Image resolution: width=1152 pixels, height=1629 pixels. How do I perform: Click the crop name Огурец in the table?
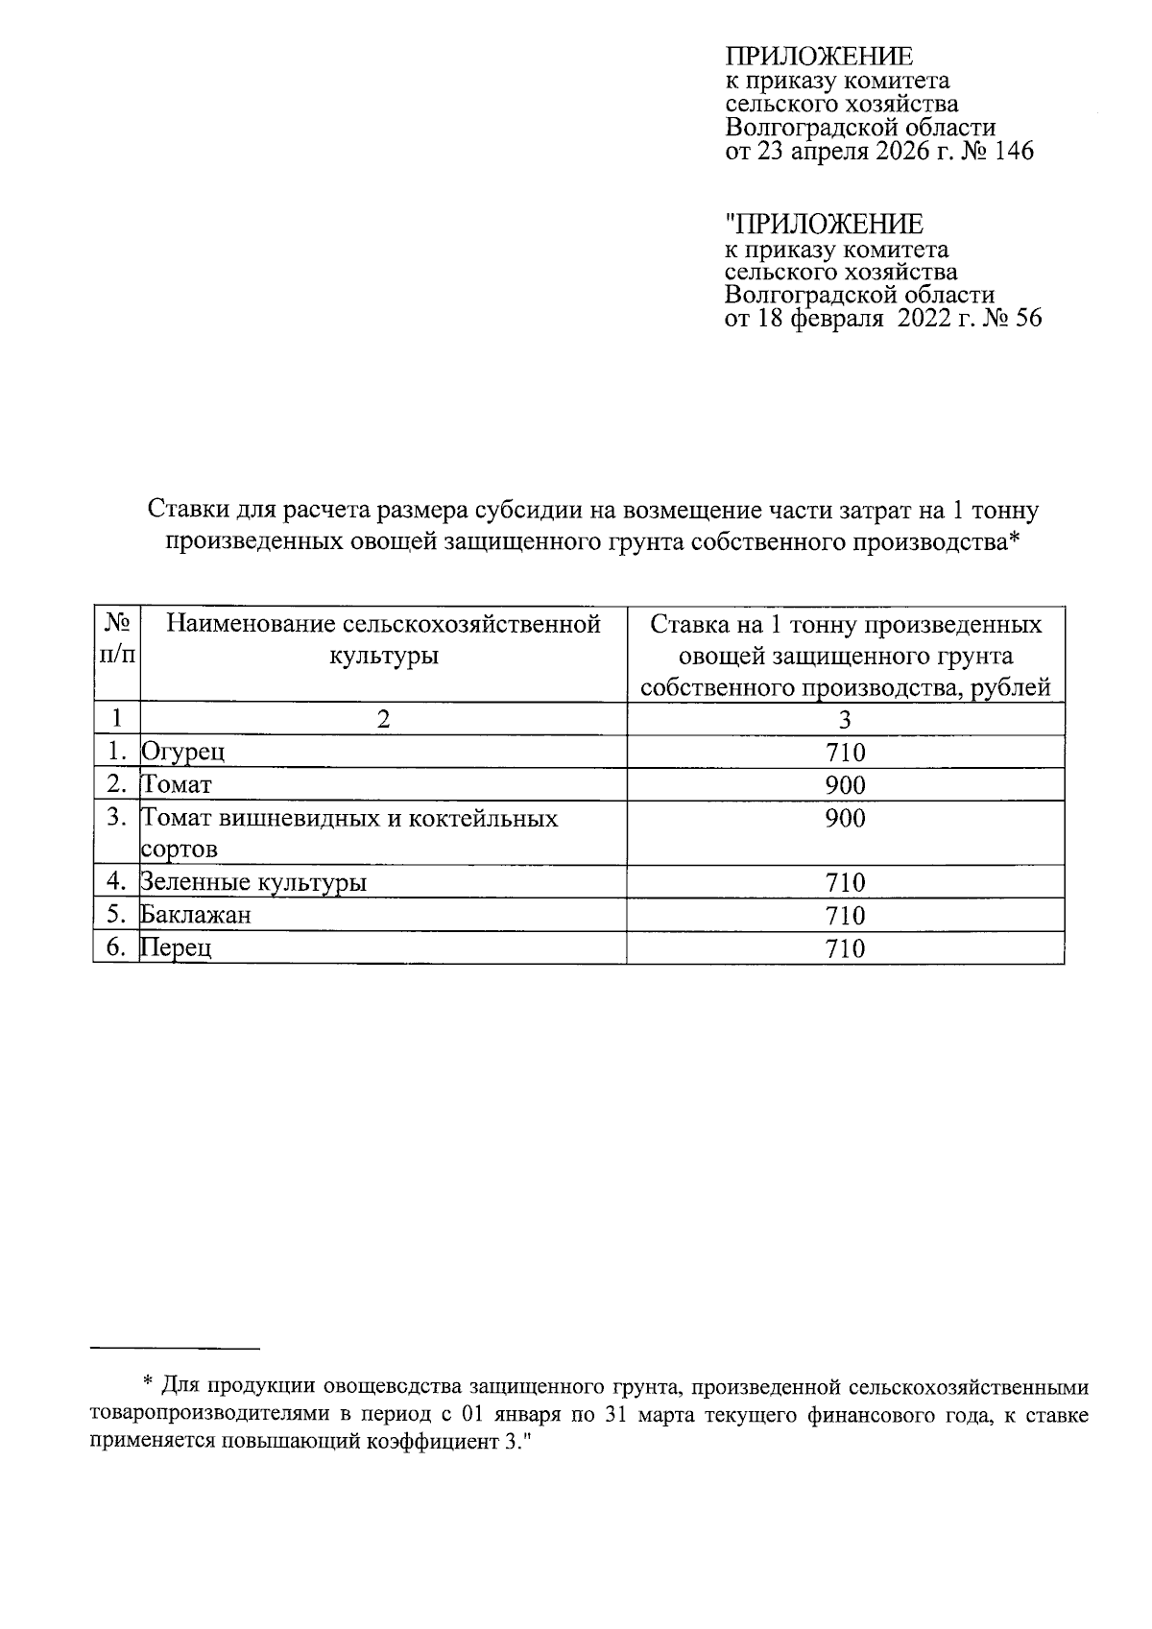pos(182,752)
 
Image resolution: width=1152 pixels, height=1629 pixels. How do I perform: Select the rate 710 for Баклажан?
pos(845,915)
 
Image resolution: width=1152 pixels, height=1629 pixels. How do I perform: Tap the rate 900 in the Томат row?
pos(845,785)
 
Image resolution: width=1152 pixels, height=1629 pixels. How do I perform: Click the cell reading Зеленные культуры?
pos(253,882)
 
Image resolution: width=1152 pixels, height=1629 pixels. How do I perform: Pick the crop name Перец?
pos(176,948)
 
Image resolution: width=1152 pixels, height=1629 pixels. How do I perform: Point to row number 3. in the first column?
pos(117,818)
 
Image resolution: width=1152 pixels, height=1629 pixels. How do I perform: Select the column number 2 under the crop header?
pos(383,719)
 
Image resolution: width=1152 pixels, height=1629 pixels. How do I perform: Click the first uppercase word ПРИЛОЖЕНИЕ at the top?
pos(818,56)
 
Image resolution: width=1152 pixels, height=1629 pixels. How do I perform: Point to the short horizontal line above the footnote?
pos(176,1349)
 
